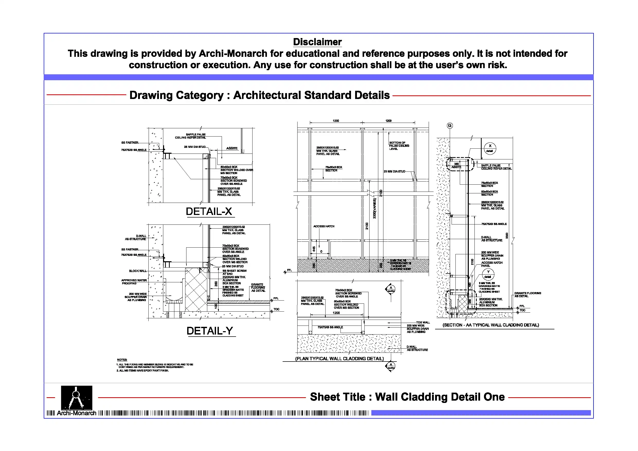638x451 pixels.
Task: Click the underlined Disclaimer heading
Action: pyautogui.click(x=317, y=42)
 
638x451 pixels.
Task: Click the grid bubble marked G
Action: pyautogui.click(x=450, y=125)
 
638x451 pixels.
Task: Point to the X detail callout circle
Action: pyautogui.click(x=490, y=148)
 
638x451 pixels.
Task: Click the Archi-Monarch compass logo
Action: pyautogui.click(x=76, y=398)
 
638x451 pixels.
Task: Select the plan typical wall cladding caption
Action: pyautogui.click(x=339, y=358)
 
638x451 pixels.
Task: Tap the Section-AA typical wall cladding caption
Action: pyautogui.click(x=491, y=325)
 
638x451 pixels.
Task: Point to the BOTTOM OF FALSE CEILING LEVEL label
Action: pyautogui.click(x=399, y=146)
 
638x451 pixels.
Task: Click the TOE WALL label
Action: pyautogui.click(x=423, y=322)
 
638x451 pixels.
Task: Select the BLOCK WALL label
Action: pyautogui.click(x=138, y=271)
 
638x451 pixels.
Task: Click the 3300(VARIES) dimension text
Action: pyautogui.click(x=374, y=209)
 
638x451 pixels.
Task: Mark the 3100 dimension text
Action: pyautogui.click(x=381, y=193)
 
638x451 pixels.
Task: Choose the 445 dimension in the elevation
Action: pyautogui.click(x=314, y=249)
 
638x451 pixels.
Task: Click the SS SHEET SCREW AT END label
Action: pyautogui.click(x=234, y=272)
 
